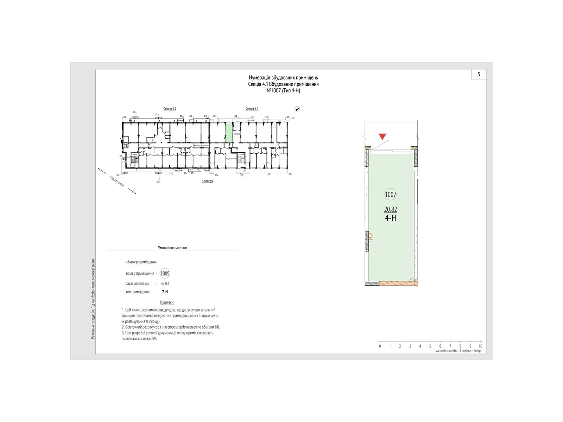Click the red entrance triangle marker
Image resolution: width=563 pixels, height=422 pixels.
point(382,136)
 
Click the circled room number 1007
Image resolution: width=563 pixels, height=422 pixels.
point(391,194)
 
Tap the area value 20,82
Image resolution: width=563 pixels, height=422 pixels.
point(391,209)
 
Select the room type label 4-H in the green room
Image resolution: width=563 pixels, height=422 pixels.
point(391,218)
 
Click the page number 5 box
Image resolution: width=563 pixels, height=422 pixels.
point(479,74)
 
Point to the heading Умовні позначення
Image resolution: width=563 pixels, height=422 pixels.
point(172,248)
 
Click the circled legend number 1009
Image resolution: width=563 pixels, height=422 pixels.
point(165,274)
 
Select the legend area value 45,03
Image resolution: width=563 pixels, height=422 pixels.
point(165,283)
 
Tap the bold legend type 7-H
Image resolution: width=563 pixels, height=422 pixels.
point(165,292)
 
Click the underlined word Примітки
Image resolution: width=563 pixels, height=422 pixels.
point(167,302)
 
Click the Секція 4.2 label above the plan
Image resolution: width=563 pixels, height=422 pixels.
point(170,109)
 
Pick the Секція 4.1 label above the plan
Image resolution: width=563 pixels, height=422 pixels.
point(252,109)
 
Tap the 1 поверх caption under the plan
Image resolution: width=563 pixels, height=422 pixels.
point(207,181)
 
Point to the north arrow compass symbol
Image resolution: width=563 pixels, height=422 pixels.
point(297,109)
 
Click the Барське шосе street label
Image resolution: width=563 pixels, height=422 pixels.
point(116,181)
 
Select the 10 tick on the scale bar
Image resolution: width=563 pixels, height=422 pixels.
point(480,346)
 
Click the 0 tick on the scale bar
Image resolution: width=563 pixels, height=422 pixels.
point(380,346)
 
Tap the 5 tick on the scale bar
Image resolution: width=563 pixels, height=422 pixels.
point(430,346)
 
